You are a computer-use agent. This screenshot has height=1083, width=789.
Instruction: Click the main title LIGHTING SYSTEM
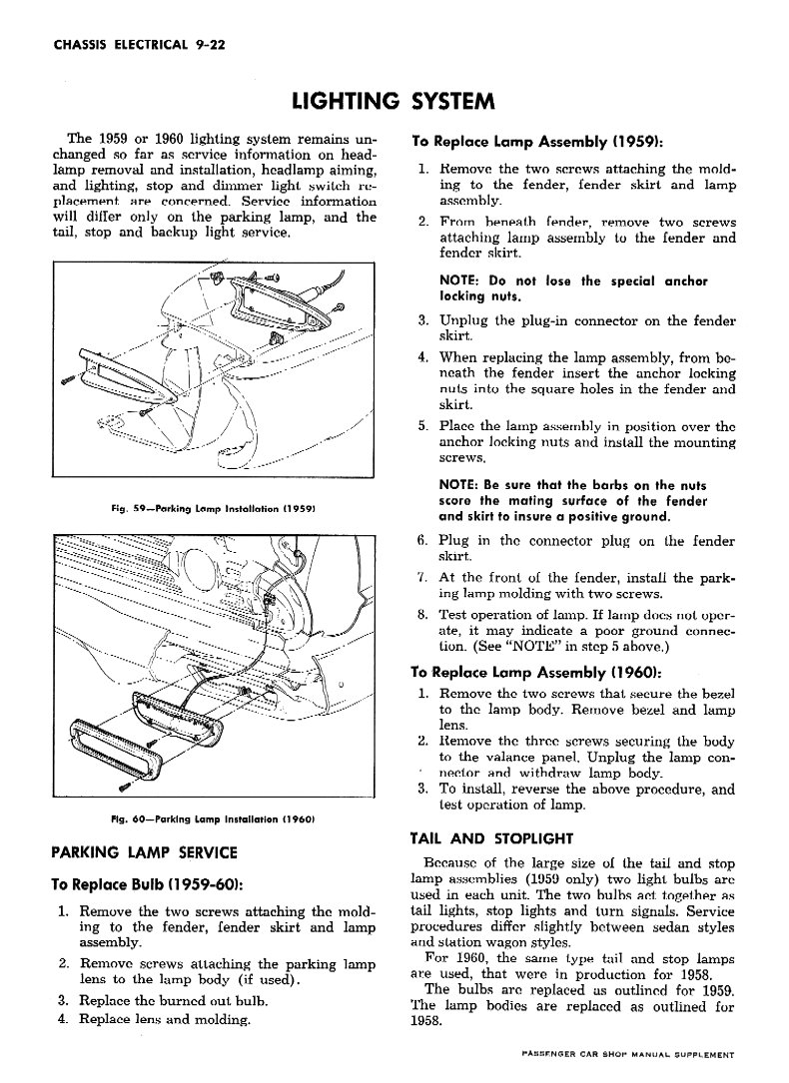point(394,102)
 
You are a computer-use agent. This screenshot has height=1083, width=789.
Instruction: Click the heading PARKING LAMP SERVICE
point(143,852)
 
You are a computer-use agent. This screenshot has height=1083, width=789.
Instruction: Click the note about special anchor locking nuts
point(572,288)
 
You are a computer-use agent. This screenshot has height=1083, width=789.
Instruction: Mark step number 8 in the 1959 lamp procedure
point(422,615)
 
